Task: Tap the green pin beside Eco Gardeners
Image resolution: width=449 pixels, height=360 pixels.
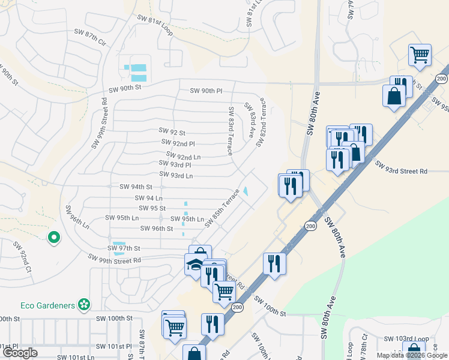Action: (85, 305)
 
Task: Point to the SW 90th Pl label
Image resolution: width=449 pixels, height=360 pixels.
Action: (206, 91)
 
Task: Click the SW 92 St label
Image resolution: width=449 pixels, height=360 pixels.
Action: (172, 131)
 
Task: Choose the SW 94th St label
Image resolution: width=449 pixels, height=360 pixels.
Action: (136, 187)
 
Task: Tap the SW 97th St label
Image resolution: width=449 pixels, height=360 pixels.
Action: (125, 248)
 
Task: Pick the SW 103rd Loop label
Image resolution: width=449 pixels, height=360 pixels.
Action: (402, 339)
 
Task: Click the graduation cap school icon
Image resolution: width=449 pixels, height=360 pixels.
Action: (194, 265)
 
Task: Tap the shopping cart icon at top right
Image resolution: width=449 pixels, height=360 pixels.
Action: (420, 55)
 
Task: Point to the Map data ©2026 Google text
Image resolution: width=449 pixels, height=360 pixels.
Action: (412, 355)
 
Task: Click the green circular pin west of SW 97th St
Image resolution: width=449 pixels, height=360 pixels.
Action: (54, 238)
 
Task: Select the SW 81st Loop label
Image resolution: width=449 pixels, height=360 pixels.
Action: (154, 25)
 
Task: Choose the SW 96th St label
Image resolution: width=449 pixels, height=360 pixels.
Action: (156, 229)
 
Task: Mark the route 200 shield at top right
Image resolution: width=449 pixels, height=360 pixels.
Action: (441, 79)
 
